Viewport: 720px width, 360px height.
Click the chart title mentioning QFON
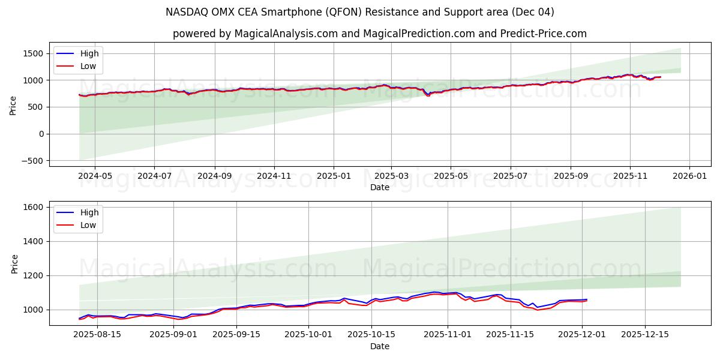[360, 12]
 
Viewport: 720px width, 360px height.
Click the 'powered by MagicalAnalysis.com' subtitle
[380, 34]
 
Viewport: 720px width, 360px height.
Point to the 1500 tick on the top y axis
[33, 53]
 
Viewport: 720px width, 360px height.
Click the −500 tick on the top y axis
[31, 161]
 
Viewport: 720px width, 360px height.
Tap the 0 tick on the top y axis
[41, 134]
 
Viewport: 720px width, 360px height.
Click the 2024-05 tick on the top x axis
[94, 176]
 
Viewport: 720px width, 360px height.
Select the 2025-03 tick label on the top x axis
[391, 176]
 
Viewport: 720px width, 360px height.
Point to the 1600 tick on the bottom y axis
[33, 207]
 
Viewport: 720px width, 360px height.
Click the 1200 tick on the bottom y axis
[33, 275]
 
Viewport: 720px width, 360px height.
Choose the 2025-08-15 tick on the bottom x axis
[97, 335]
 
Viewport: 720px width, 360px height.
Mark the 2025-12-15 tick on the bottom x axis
[644, 335]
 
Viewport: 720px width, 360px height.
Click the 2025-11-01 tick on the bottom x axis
[448, 335]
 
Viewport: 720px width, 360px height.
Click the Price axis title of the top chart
[13, 104]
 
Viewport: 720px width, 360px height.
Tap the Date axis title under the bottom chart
[380, 346]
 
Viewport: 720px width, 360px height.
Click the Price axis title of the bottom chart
[14, 263]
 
